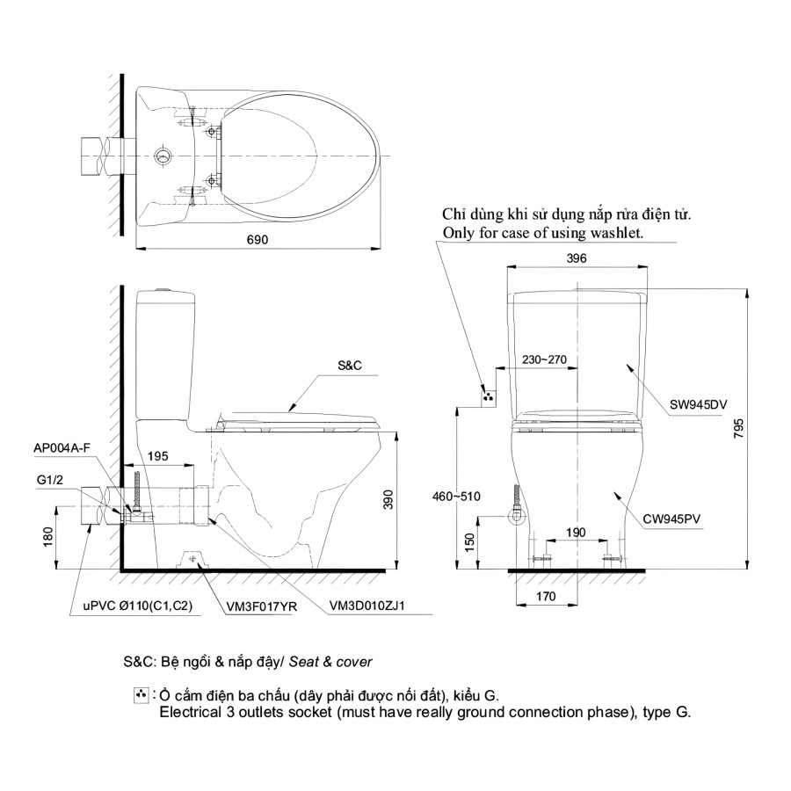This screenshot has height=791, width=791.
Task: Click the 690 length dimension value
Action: click(x=258, y=240)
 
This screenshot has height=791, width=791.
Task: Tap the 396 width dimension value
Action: click(x=577, y=258)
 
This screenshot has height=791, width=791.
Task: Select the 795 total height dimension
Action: click(x=738, y=428)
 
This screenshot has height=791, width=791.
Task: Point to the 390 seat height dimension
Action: click(x=388, y=499)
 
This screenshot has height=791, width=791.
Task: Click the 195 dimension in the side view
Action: click(x=157, y=456)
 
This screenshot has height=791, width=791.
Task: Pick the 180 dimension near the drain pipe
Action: click(x=48, y=537)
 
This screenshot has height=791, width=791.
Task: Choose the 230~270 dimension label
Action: click(x=544, y=359)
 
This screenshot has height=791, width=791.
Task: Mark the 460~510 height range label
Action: click(x=456, y=497)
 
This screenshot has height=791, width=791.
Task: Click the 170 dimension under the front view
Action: click(x=546, y=596)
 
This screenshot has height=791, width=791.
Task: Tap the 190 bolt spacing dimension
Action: click(x=576, y=533)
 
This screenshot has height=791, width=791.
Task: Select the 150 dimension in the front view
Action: click(x=469, y=542)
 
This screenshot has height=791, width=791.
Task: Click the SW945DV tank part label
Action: click(x=698, y=404)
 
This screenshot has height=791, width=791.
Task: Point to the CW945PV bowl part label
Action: click(x=671, y=519)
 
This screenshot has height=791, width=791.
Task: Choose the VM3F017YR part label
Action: click(x=262, y=606)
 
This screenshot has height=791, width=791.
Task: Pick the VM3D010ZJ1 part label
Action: click(x=366, y=606)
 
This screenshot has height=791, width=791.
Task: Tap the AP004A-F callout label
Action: click(x=62, y=448)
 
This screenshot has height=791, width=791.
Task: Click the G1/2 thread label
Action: click(x=50, y=480)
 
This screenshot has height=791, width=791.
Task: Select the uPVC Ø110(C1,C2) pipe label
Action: click(x=138, y=606)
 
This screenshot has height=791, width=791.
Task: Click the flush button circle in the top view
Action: click(x=163, y=156)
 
